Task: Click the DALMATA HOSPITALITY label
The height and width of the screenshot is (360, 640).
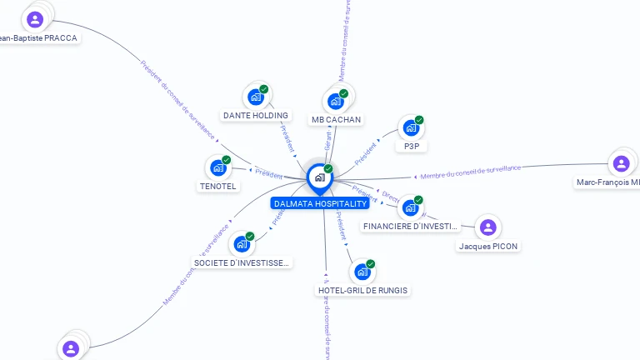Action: click(320, 203)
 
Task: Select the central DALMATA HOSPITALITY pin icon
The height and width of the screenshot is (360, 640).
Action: click(319, 177)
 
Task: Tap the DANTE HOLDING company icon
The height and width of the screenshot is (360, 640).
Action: click(255, 97)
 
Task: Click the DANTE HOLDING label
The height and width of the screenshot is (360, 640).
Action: click(256, 115)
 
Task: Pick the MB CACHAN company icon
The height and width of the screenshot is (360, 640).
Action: click(335, 101)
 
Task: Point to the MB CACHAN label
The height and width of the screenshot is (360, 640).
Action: click(336, 120)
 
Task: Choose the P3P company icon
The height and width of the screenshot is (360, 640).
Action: click(410, 127)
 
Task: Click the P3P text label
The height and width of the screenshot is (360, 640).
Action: click(411, 146)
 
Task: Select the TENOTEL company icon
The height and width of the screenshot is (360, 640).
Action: click(217, 167)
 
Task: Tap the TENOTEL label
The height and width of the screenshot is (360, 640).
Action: click(218, 186)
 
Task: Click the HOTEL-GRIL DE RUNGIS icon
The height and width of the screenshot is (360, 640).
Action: click(362, 272)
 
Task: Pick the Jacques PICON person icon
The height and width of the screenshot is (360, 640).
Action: click(488, 227)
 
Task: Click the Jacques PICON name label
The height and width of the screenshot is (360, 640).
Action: click(488, 246)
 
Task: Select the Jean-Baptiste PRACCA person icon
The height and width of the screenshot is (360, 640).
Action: click(35, 19)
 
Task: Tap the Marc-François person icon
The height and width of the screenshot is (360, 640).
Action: click(621, 163)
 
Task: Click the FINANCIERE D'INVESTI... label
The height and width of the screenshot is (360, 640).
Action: click(411, 226)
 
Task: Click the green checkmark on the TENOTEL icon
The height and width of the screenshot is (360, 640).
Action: click(227, 160)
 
